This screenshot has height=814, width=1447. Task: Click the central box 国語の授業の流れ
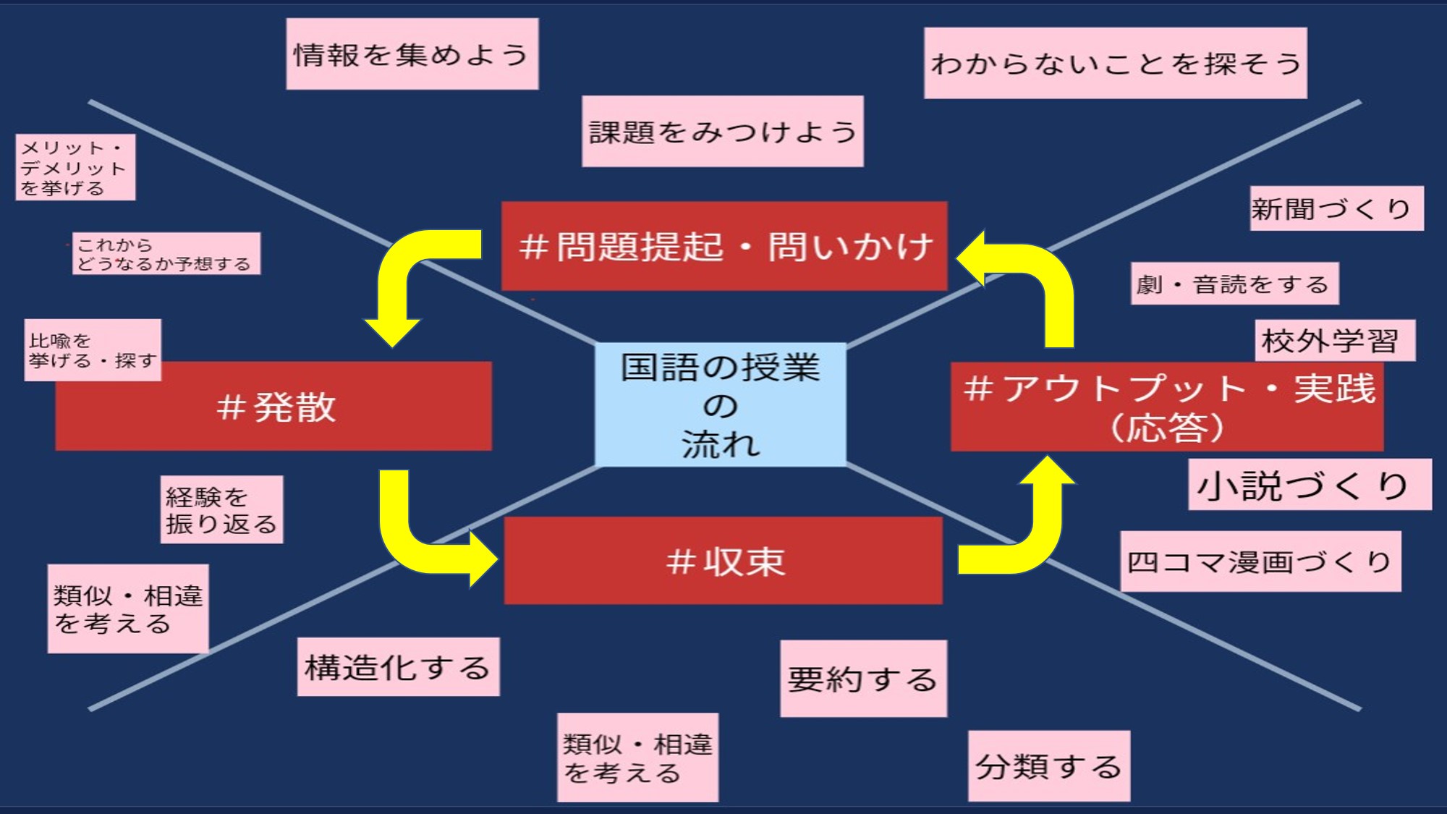720,405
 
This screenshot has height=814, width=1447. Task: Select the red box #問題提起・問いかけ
723,246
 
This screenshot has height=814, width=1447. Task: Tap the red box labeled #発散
275,407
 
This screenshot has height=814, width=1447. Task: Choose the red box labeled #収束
723,561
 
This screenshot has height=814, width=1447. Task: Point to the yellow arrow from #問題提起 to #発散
405,275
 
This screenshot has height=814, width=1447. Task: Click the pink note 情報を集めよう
412,54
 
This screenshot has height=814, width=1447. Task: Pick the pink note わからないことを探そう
1115,63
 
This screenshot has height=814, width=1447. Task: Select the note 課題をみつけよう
722,132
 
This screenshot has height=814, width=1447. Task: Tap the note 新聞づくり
1336,209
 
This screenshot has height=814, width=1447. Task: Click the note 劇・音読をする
1234,284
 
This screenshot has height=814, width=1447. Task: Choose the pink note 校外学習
1335,340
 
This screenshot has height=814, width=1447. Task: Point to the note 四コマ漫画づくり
1260,561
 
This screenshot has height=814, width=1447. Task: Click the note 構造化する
398,667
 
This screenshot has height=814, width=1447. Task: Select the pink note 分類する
1048,766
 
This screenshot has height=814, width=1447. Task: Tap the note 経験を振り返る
221,509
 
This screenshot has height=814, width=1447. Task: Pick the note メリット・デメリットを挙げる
75,167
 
